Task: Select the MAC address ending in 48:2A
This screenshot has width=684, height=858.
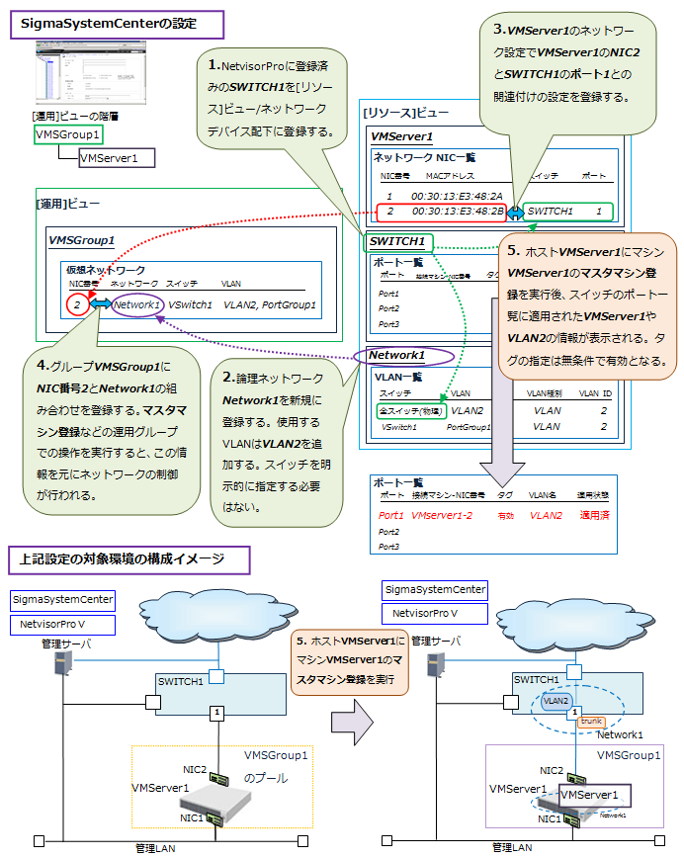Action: pyautogui.click(x=458, y=196)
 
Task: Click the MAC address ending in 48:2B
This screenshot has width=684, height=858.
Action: pyautogui.click(x=458, y=211)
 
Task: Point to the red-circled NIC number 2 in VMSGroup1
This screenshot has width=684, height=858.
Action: pyautogui.click(x=77, y=305)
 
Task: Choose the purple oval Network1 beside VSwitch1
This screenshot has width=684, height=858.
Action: pyautogui.click(x=137, y=305)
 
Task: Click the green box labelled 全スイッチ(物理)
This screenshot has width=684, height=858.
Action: pyautogui.click(x=411, y=409)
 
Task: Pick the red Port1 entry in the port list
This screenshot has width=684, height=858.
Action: pyautogui.click(x=391, y=515)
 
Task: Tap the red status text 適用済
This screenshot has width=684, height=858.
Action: pyautogui.click(x=594, y=515)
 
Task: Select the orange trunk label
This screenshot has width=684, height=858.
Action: pyautogui.click(x=590, y=722)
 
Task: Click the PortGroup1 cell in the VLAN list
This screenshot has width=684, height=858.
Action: pyautogui.click(x=469, y=427)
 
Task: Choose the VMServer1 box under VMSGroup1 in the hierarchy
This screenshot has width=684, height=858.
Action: pyautogui.click(x=109, y=157)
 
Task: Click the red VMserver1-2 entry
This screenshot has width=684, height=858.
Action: pyautogui.click(x=442, y=515)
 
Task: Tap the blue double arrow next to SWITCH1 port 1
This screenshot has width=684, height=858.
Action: pyautogui.click(x=515, y=211)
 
